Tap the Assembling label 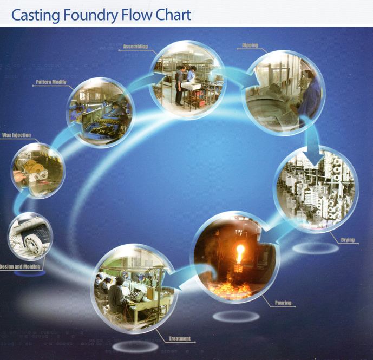pyautogui.click(x=135, y=47)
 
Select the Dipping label pyautogui.click(x=250, y=45)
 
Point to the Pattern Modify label pyautogui.click(x=51, y=82)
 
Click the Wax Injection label pyautogui.click(x=17, y=135)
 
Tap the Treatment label pyautogui.click(x=179, y=339)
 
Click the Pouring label pyautogui.click(x=283, y=303)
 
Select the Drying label pyautogui.click(x=348, y=240)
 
